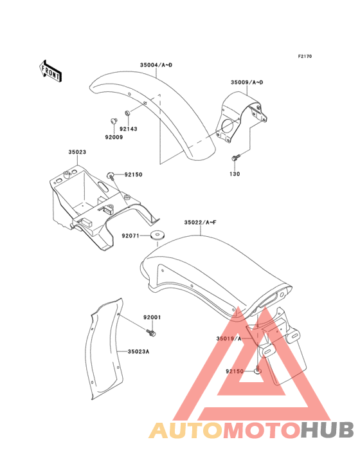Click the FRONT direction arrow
(x=50, y=71)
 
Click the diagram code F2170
(x=305, y=56)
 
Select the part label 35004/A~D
(x=156, y=65)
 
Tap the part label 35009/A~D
(x=247, y=82)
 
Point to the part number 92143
(x=129, y=129)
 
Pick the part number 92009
(x=114, y=137)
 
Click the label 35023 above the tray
(x=77, y=152)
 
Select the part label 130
(x=235, y=174)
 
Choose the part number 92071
(x=130, y=235)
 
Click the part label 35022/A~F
(x=200, y=222)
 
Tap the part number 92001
(x=152, y=317)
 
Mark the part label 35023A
(x=138, y=351)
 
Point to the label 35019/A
(x=229, y=339)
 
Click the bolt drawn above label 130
(x=236, y=157)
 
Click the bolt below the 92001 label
(x=152, y=333)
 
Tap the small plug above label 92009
(x=113, y=121)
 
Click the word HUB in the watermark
(x=328, y=430)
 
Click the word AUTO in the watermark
(x=186, y=430)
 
